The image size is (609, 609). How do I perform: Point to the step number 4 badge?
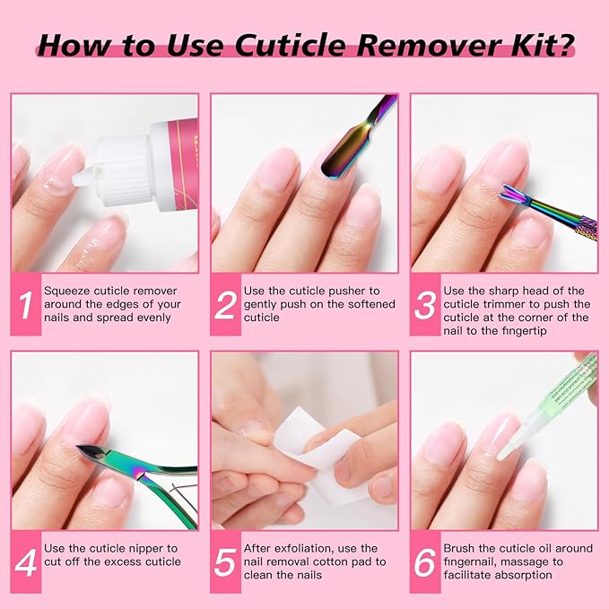[25, 561]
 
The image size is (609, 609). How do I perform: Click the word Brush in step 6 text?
[459, 548]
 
